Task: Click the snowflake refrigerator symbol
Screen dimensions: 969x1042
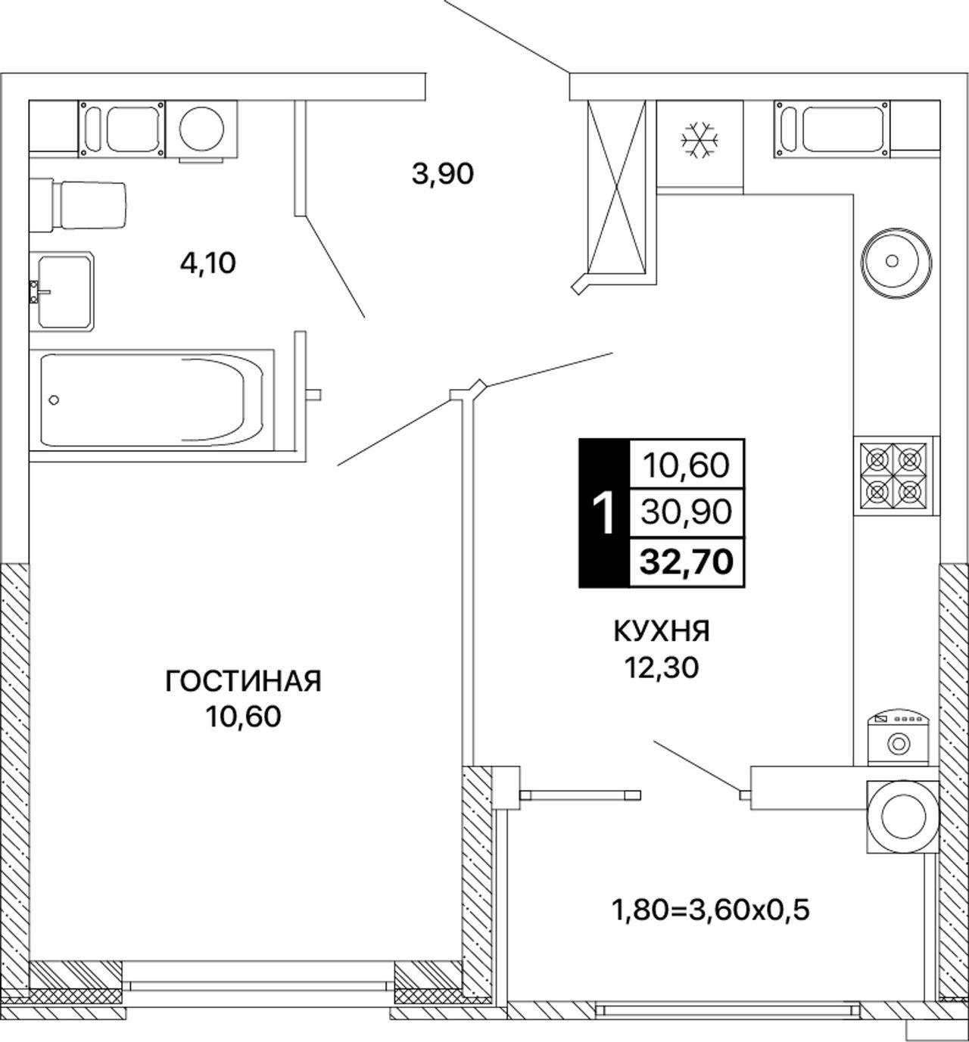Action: point(699,140)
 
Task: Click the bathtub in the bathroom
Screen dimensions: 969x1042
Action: point(152,400)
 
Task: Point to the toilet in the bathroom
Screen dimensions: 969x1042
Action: point(78,205)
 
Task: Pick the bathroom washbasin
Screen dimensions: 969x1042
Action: point(62,291)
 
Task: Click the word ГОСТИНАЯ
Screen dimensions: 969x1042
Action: point(243,682)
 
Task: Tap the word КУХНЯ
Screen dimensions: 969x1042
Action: point(662,631)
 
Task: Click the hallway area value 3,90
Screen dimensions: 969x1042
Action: point(443,174)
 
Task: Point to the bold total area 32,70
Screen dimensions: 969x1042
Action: point(686,562)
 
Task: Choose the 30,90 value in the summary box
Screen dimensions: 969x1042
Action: point(686,512)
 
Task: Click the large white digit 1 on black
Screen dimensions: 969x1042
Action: point(603,514)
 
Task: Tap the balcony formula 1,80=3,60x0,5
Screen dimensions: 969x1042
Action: point(711,910)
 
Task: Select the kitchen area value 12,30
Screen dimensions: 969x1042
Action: point(662,667)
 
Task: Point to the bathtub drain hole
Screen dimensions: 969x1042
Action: point(54,400)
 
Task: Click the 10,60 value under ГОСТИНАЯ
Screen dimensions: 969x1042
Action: point(243,716)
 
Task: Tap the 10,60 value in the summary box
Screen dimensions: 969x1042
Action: point(686,465)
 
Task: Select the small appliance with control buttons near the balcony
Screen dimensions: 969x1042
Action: point(898,738)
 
